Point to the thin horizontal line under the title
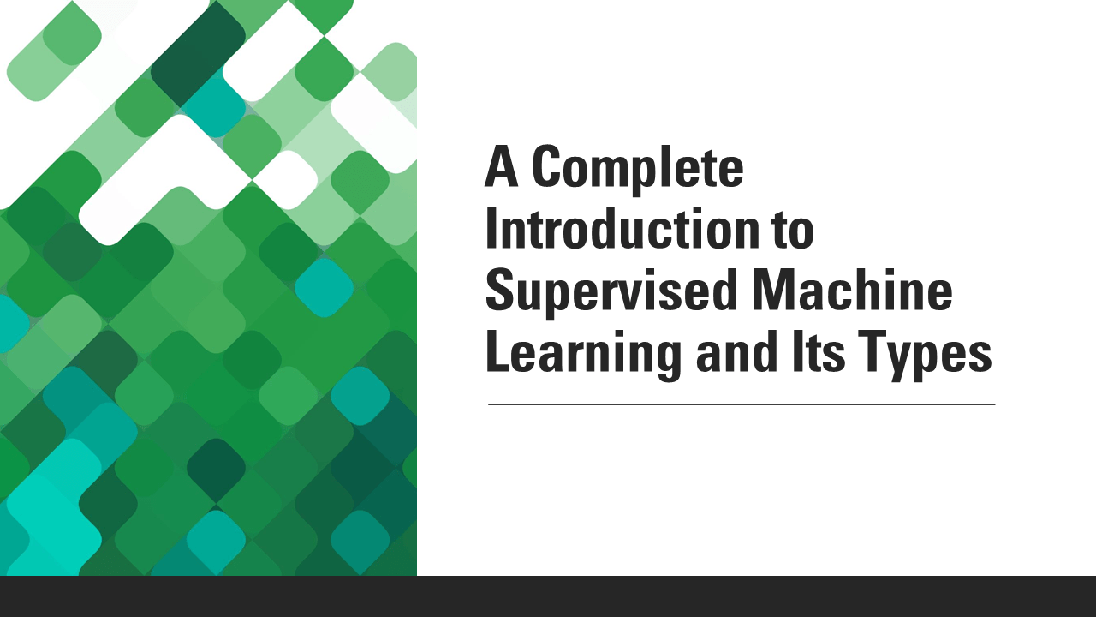pyautogui.click(x=742, y=404)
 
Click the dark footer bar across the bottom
pyautogui.click(x=548, y=596)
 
